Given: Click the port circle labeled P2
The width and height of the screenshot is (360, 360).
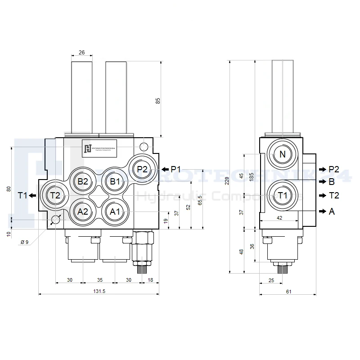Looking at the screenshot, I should pos(142,169).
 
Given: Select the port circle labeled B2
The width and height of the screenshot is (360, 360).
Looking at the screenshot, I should pos(83,181).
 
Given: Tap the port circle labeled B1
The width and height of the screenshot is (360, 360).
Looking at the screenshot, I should pos(115,181).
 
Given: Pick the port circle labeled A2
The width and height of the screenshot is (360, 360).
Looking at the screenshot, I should pos(83,211).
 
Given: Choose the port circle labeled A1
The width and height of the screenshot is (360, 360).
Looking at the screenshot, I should pos(115,211).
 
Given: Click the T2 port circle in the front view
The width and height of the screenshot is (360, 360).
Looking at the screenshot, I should pos(55,195).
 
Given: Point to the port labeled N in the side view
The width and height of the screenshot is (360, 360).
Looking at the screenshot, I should pos(283,154).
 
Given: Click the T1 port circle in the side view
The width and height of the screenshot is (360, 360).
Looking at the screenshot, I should pos(283,195).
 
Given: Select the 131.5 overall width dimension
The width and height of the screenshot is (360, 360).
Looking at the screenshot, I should pos(99,291).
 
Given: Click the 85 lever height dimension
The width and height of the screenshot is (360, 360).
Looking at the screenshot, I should pos(157,101).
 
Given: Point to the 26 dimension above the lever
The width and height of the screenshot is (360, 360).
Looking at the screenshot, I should pos(81,53).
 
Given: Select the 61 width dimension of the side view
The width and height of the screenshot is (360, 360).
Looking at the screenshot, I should pos(288,291).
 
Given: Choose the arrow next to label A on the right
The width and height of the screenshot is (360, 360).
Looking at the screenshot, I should pos(322,211).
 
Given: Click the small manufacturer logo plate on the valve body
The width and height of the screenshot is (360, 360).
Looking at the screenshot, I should pos(99,148).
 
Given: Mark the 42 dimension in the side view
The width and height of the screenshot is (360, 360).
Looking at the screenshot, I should pos(279,217).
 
